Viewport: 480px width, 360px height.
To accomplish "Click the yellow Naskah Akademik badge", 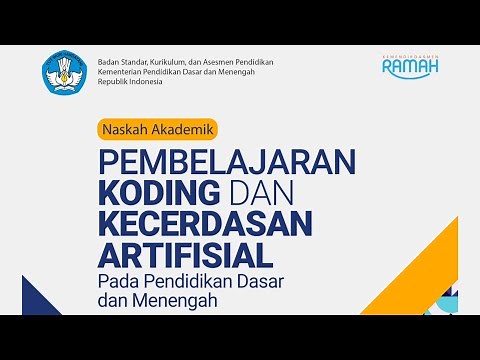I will click(x=157, y=127).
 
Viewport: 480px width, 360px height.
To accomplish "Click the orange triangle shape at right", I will click(x=439, y=250).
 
